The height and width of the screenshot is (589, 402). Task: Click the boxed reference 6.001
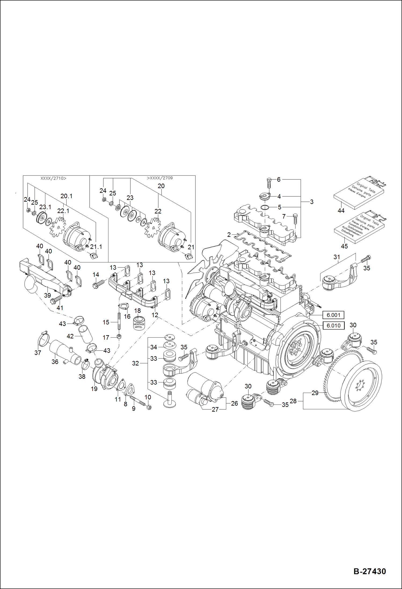[333, 315]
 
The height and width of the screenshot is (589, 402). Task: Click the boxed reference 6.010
[333, 326]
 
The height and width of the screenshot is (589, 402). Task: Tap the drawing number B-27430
[370, 571]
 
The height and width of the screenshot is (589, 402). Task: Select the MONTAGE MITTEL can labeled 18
[139, 323]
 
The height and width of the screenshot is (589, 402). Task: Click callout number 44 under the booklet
[341, 211]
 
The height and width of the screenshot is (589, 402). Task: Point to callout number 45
[344, 246]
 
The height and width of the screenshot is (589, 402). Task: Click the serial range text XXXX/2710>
[53, 178]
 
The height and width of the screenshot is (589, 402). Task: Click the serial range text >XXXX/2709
[160, 178]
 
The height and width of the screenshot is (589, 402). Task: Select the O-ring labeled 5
[265, 207]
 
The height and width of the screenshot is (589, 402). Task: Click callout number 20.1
[66, 196]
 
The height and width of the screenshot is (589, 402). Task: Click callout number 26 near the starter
[234, 403]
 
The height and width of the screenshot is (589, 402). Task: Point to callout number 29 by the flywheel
[315, 393]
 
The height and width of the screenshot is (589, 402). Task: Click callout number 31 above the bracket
[337, 257]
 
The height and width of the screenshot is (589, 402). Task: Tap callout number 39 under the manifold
[47, 295]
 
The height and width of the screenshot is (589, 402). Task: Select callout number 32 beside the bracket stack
[135, 363]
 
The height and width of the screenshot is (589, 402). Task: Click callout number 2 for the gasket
[229, 235]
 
